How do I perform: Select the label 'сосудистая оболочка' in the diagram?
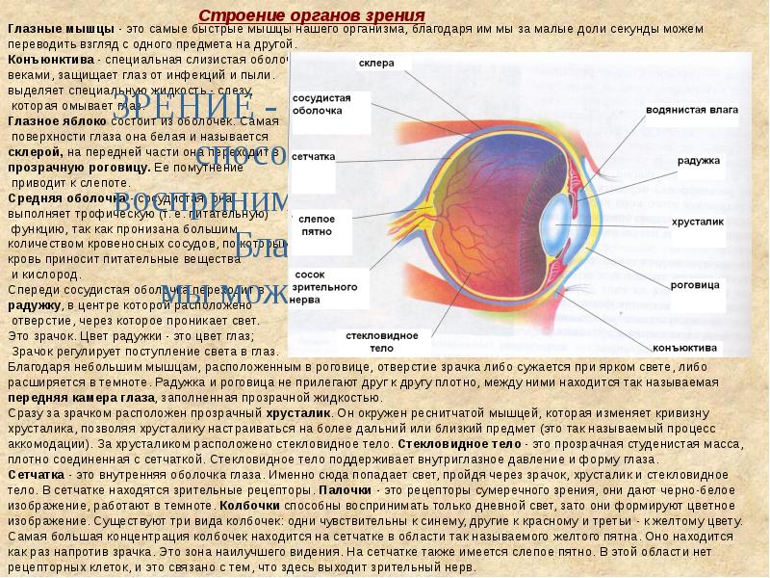point(322,105)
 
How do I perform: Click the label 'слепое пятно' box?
point(317,224)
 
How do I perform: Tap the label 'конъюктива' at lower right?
point(684,347)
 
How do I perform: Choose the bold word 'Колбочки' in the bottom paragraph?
point(249,503)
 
